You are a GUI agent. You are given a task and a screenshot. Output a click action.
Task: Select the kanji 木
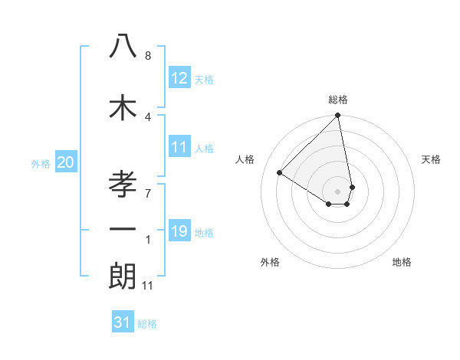(x=123, y=106)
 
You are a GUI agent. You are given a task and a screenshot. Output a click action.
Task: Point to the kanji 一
(x=123, y=229)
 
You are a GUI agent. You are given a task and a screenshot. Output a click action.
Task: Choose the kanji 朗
(x=123, y=276)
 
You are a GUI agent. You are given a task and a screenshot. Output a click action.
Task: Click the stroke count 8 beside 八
(x=148, y=56)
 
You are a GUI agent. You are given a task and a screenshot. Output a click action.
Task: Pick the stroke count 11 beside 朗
(x=148, y=286)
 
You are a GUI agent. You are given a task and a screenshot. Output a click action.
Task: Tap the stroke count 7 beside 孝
(x=148, y=192)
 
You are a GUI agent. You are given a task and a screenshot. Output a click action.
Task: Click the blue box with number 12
(x=179, y=78)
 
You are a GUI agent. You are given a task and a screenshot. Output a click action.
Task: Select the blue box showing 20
(x=65, y=162)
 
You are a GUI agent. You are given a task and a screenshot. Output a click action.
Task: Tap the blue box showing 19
(x=179, y=231)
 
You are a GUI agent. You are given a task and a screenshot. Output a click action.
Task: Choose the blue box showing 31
(x=123, y=322)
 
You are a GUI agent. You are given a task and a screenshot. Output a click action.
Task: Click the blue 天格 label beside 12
(x=204, y=80)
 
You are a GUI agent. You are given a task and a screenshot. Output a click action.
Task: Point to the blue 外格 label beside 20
(x=41, y=164)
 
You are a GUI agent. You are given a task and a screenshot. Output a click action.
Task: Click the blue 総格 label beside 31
(x=147, y=324)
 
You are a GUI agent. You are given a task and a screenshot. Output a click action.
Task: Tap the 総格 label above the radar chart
(x=338, y=100)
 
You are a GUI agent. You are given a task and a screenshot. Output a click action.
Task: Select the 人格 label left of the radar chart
(x=245, y=159)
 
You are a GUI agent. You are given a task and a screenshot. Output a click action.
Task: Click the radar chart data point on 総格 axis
(x=338, y=116)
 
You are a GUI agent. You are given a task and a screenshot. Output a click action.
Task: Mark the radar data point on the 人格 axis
(x=280, y=173)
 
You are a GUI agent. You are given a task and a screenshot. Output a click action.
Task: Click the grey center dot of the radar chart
(x=338, y=191)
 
